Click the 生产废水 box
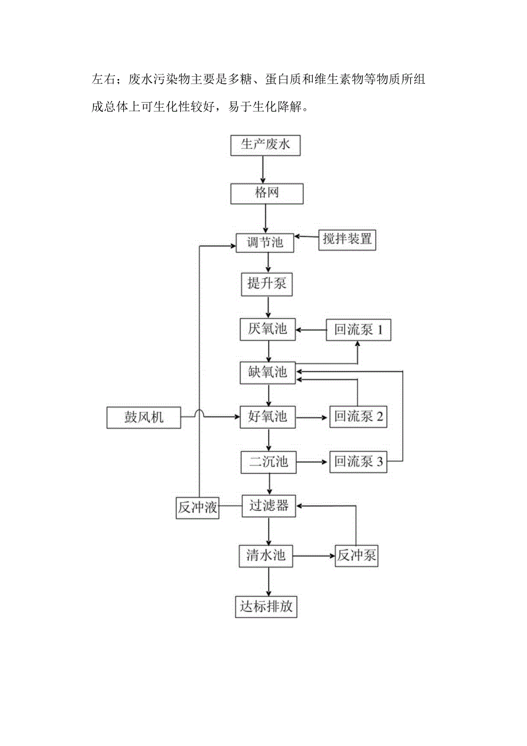click(265, 144)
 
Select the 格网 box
click(266, 193)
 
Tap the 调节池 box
click(265, 242)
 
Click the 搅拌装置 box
click(347, 239)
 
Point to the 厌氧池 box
click(267, 329)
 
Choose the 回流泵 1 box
click(359, 330)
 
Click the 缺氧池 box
click(267, 373)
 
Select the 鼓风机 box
click(144, 417)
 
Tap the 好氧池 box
click(267, 416)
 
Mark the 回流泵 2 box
click(359, 417)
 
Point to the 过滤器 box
click(269, 506)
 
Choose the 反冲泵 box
click(356, 556)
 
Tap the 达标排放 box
click(266, 607)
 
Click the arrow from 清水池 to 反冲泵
click(313, 555)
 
